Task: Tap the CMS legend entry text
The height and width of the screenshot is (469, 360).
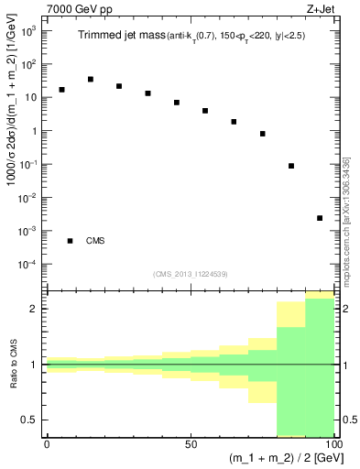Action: tap(95, 241)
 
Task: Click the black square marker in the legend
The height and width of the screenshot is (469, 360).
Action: tap(70, 241)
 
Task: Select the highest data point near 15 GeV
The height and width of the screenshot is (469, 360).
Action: tap(90, 80)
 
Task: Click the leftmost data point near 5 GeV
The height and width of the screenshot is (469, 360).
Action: tap(61, 90)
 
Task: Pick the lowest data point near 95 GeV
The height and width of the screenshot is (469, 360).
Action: tap(319, 218)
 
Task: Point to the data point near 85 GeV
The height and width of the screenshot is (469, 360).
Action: tap(290, 166)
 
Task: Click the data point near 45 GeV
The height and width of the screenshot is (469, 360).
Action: tap(176, 103)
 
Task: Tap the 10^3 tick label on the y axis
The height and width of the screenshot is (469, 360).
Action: tap(28, 31)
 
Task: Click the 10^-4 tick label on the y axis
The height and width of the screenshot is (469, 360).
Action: tap(27, 265)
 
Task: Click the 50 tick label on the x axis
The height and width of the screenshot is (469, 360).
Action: tap(190, 442)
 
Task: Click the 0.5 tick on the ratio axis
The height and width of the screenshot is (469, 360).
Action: tap(30, 420)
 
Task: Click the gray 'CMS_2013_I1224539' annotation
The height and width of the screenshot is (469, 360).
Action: tap(190, 273)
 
